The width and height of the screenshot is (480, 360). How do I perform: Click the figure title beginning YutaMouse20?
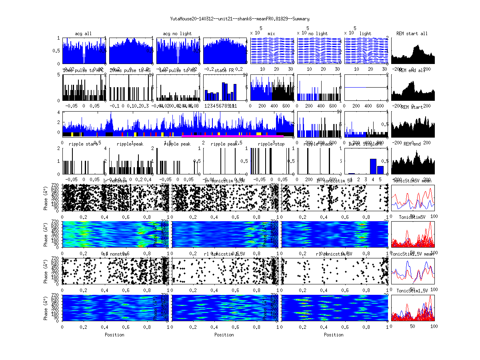click(240, 19)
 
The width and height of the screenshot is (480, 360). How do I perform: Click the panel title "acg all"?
click(83, 34)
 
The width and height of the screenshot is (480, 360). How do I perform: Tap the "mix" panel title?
click(272, 34)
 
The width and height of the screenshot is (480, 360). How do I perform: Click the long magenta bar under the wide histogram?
click(232, 136)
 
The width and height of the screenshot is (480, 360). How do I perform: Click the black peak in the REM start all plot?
click(417, 46)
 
